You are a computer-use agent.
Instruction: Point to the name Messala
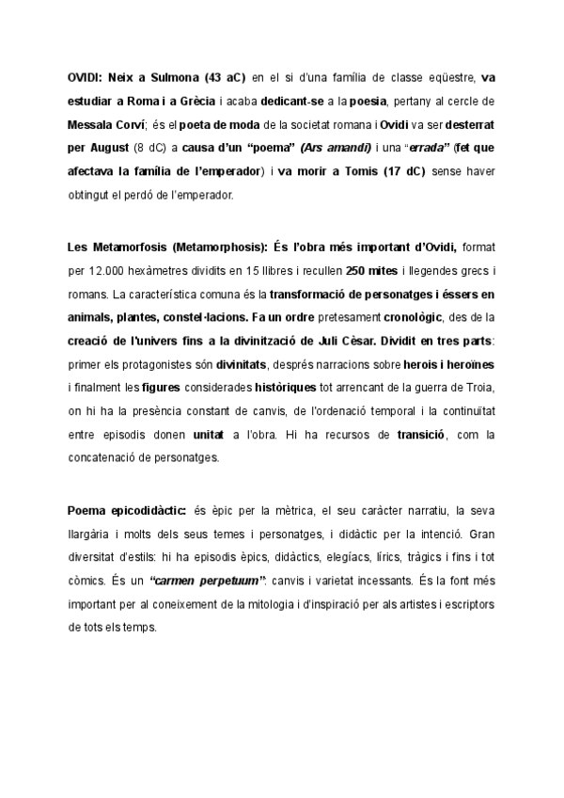point(92,124)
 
